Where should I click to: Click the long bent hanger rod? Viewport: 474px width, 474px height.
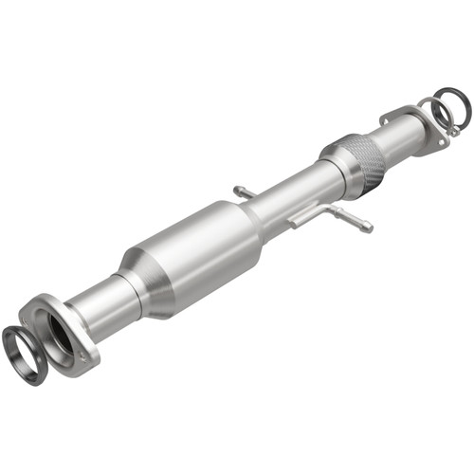coord(327,214)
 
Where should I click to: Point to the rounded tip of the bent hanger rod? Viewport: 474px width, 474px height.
coord(369,228)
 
